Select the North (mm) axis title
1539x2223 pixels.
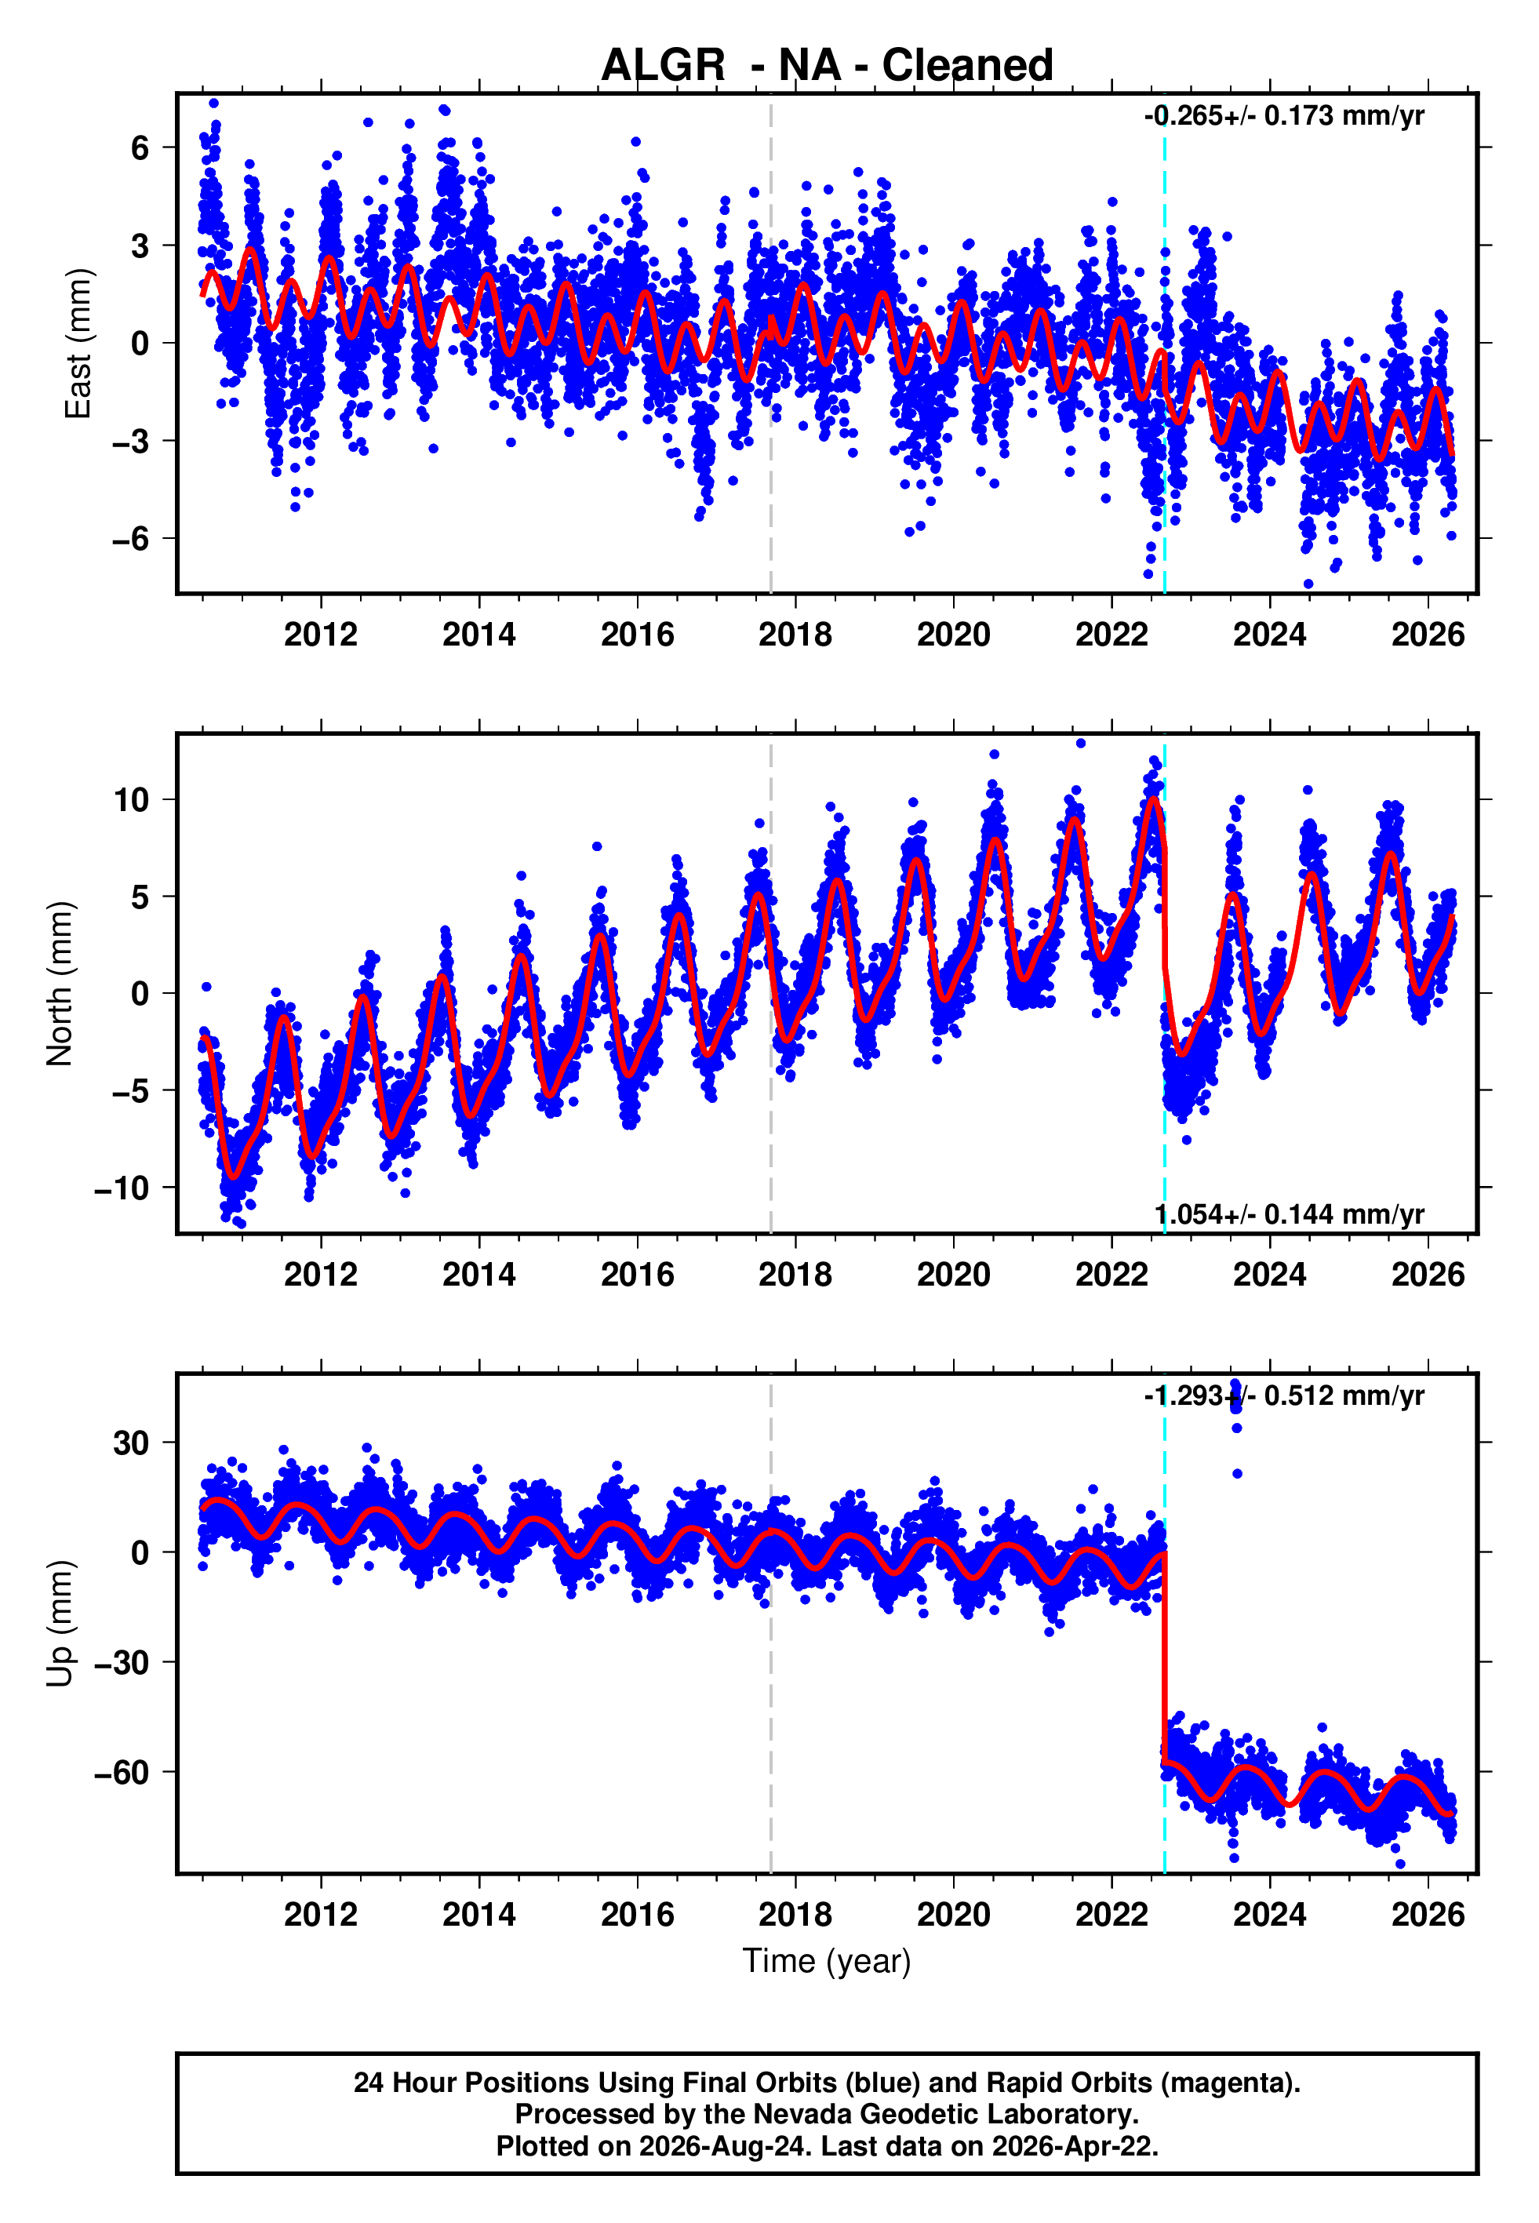[x=60, y=984]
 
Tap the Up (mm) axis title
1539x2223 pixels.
[x=60, y=1624]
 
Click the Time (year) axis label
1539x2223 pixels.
[x=827, y=1961]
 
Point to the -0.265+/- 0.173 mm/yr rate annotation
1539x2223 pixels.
[x=1283, y=117]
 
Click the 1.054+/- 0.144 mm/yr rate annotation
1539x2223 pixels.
[x=1290, y=1214]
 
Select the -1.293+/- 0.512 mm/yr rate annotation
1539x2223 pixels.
[x=1283, y=1396]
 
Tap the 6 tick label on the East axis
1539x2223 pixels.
[x=140, y=147]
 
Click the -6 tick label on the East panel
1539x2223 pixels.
[x=131, y=538]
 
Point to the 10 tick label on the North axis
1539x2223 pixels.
[x=131, y=799]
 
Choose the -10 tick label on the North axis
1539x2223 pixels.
[x=122, y=1188]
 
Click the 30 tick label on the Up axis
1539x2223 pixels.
[x=131, y=1443]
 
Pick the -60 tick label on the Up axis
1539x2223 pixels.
[x=122, y=1772]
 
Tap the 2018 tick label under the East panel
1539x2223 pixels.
[x=795, y=635]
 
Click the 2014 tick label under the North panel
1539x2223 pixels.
[x=478, y=1275]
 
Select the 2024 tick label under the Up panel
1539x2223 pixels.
[x=1269, y=1915]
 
